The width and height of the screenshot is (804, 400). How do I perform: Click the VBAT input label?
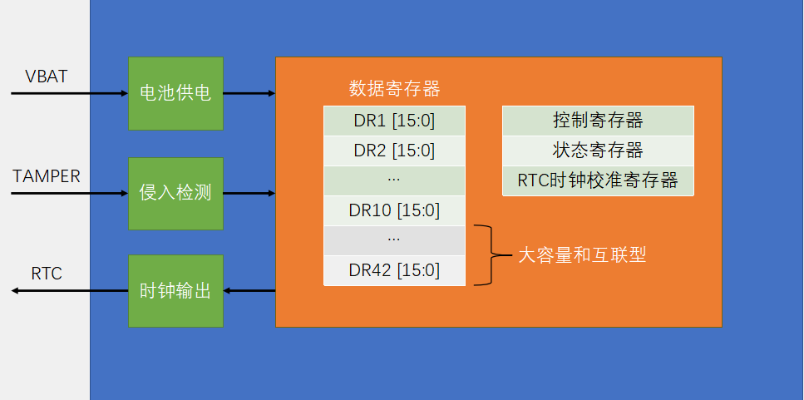coord(46,77)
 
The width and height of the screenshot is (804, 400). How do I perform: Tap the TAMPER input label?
coord(47,176)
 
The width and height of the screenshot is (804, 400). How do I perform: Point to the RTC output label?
coord(47,274)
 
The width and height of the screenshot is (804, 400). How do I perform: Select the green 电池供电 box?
coord(175,93)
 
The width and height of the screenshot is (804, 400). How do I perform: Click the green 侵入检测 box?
coord(175,193)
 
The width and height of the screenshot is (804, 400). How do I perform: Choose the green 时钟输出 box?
coord(175,291)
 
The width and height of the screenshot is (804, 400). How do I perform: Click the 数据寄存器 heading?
coord(394,88)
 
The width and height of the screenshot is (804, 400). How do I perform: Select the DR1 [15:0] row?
coord(394,121)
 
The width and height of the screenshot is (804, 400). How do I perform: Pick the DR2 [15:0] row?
coord(394,151)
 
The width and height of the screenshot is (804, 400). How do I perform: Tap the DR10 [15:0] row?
coord(394,210)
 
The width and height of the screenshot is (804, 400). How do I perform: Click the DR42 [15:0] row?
coord(394,270)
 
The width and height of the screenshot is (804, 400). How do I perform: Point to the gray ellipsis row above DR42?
coord(394,240)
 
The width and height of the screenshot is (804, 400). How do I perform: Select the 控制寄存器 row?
coord(598,121)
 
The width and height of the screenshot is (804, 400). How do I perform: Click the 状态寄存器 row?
coord(598,151)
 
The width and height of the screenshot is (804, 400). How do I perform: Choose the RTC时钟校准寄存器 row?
coord(598,180)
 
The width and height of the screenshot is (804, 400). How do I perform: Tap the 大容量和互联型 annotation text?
coord(582,255)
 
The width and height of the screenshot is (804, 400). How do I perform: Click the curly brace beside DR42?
coord(491,255)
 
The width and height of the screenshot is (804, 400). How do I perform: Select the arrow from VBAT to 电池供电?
coord(70,93)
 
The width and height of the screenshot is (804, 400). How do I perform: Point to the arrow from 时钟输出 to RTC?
coord(70,290)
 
